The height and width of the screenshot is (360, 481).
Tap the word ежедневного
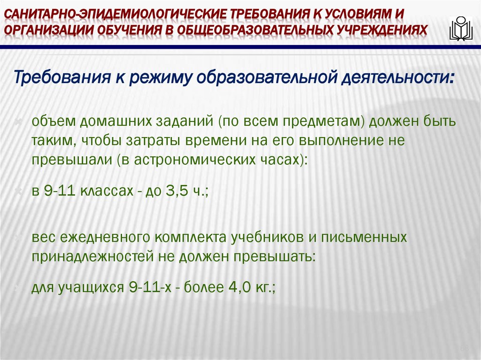pos(103,238)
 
